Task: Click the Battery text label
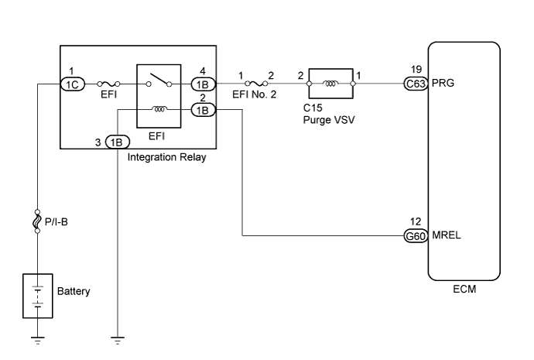point(74,292)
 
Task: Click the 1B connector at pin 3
point(118,142)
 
